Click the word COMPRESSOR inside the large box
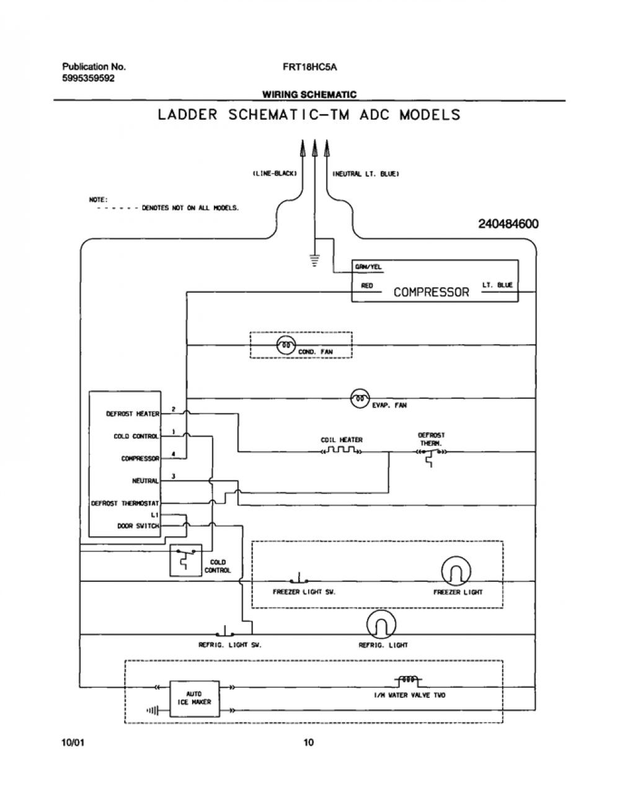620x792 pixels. point(431,292)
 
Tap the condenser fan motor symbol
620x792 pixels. point(286,345)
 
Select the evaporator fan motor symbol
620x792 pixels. point(360,398)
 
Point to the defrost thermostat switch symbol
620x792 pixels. point(431,456)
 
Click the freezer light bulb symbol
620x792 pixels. point(456,571)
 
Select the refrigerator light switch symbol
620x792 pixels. point(226,631)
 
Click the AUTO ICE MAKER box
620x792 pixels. point(195,698)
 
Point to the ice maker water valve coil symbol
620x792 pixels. point(408,680)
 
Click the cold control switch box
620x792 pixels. point(186,560)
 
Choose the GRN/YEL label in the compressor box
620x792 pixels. point(368,267)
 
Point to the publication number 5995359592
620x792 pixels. point(88,78)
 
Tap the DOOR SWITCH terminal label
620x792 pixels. point(138,526)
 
